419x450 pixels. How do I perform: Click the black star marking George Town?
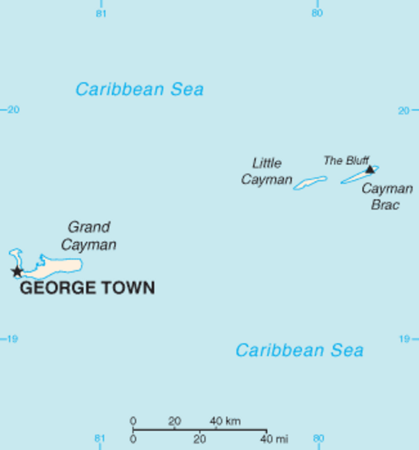coord(16,271)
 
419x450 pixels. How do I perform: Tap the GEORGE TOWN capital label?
coord(87,288)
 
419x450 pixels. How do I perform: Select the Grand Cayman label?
coord(89,236)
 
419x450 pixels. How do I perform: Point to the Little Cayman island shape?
coord(310,183)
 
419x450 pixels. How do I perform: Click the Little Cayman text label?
coord(266,171)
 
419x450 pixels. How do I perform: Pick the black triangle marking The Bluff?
coord(370,169)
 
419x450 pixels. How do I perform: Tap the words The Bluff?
coord(346,160)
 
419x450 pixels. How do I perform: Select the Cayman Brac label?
coord(387,197)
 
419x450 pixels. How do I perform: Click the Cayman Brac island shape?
coord(357,176)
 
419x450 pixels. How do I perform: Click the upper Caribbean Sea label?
coord(139,89)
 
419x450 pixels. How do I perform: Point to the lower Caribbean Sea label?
coord(299,350)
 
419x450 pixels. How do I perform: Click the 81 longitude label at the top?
coord(101,12)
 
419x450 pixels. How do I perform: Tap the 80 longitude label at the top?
coord(318,12)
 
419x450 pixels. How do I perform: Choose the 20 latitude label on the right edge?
coord(405,110)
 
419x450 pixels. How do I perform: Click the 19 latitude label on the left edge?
coord(11,339)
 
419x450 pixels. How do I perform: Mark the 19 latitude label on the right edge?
coord(405,339)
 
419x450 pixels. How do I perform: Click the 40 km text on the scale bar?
coord(225,421)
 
